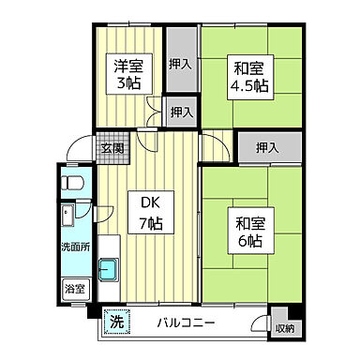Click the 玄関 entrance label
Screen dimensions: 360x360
click(113, 147)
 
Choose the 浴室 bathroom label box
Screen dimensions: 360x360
click(73, 290)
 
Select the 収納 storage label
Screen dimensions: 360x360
click(284, 328)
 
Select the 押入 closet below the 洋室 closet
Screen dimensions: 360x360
click(180, 112)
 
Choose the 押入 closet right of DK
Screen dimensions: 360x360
click(266, 147)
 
